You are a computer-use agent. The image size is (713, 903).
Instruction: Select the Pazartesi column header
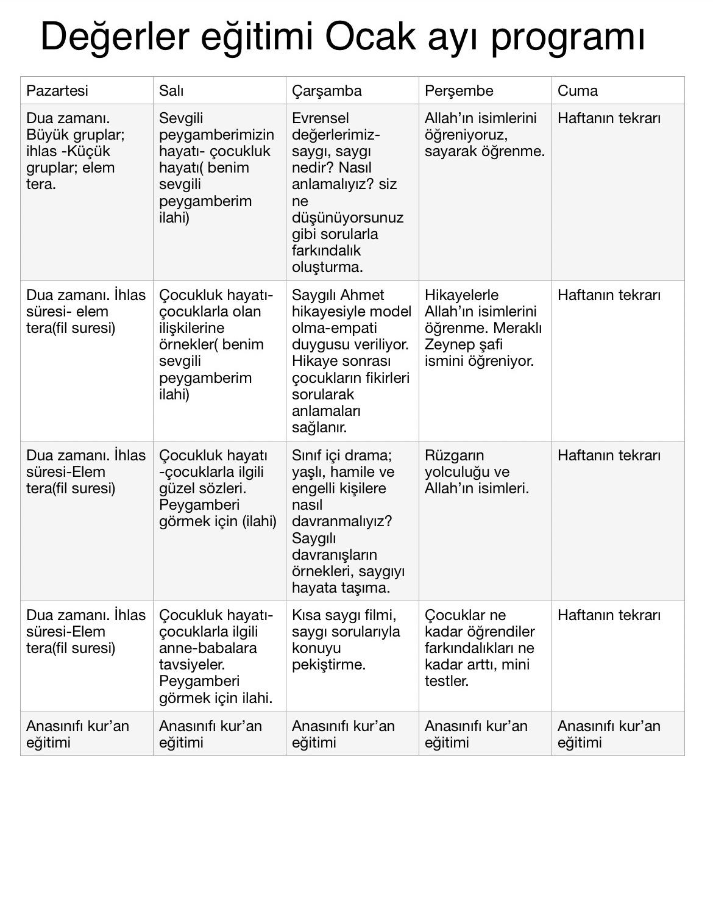tap(57, 91)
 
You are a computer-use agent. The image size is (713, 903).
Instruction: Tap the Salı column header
tap(171, 91)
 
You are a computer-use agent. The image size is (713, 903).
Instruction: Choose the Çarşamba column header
tap(327, 91)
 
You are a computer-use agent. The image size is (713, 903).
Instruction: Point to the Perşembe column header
tap(459, 91)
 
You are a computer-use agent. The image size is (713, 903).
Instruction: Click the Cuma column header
tap(578, 91)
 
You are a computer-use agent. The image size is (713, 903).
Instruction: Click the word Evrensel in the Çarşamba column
tap(321, 118)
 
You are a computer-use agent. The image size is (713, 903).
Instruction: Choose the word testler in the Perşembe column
tap(445, 681)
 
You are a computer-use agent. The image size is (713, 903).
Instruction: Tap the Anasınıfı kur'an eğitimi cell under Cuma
tap(609, 734)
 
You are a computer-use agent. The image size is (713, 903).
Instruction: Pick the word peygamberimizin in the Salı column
tap(216, 135)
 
